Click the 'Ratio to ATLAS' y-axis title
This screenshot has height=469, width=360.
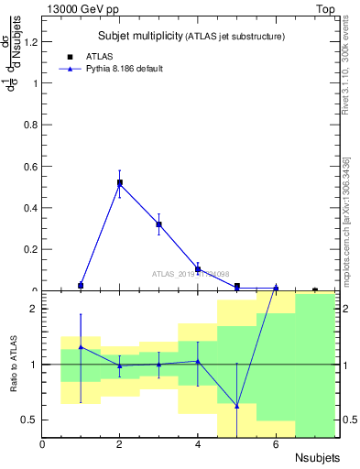tap(14, 364)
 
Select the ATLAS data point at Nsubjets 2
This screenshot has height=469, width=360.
tap(120, 183)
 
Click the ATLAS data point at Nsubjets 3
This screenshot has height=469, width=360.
tap(158, 224)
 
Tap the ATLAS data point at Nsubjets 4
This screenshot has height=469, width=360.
tap(198, 270)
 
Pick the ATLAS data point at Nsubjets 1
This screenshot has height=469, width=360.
tap(81, 286)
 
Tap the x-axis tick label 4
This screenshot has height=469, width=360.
tap(198, 444)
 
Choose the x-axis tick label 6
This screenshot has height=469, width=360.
tap(276, 444)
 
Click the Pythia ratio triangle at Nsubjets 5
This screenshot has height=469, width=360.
tap(236, 406)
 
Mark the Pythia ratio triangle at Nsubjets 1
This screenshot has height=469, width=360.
tap(81, 347)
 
